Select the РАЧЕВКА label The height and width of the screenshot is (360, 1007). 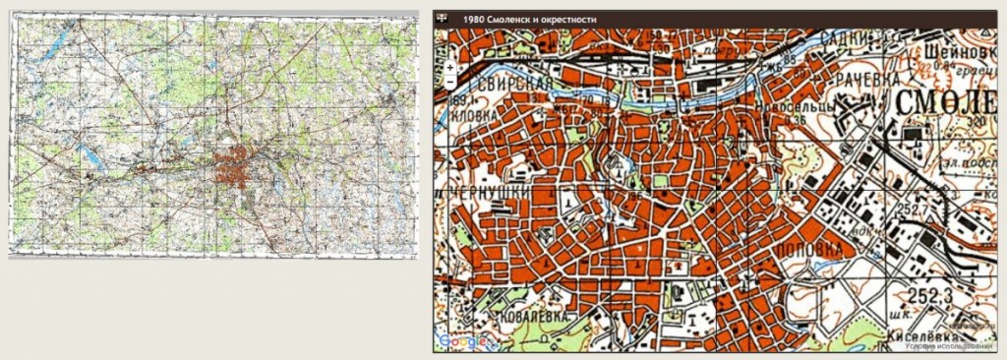click(848, 76)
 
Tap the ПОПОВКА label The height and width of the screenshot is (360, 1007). click(813, 250)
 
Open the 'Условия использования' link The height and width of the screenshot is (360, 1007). click(951, 345)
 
